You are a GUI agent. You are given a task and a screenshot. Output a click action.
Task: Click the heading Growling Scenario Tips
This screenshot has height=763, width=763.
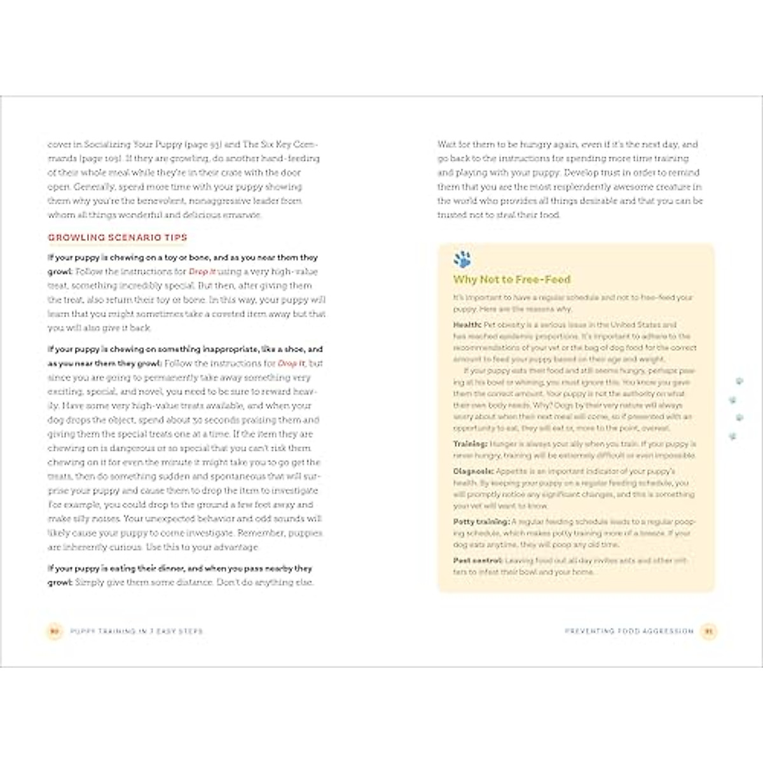coord(118,238)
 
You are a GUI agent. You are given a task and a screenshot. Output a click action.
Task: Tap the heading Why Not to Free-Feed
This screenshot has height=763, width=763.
coord(512,280)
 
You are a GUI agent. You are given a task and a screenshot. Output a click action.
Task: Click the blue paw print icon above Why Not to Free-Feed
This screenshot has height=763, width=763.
coord(462,259)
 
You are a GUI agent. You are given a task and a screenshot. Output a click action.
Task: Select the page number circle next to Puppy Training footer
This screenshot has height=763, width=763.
coord(55,631)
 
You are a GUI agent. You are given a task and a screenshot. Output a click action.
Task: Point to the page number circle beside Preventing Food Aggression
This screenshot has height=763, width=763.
coord(708,631)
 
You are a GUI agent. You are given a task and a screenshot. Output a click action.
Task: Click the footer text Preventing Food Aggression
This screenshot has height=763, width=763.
coord(629,631)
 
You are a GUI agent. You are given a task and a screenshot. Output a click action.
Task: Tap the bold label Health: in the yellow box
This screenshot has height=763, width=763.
coord(467,325)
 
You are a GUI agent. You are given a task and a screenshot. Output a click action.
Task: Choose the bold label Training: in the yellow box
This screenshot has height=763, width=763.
coord(471,444)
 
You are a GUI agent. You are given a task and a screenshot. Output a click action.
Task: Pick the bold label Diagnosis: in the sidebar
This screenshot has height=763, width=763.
coord(473,472)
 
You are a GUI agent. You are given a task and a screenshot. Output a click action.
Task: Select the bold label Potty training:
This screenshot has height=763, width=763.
coord(481,522)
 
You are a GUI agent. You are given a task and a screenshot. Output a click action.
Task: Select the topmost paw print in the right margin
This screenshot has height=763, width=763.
coord(739,381)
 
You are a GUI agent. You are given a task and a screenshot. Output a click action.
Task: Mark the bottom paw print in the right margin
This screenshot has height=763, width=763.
coord(733,437)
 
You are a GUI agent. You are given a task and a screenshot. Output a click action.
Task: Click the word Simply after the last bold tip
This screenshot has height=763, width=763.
coord(90,582)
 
